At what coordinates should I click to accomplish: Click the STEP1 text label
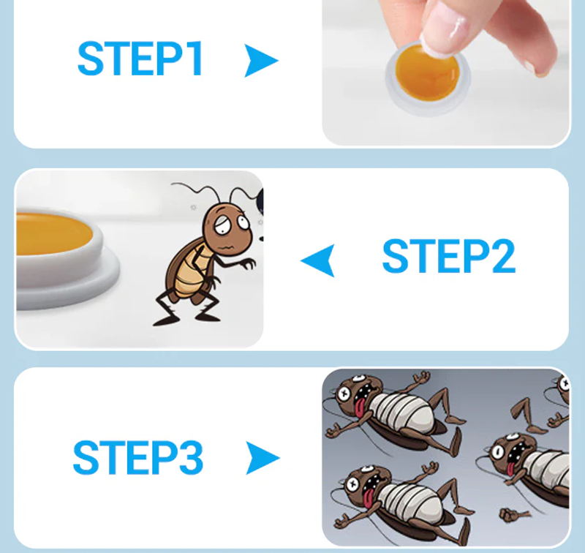point(140,59)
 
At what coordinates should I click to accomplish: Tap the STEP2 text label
point(449,256)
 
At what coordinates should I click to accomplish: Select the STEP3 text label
point(138,457)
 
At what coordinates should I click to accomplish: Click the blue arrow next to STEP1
point(260,61)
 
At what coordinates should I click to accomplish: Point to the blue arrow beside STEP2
point(319,260)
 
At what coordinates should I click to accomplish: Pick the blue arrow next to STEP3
point(263,458)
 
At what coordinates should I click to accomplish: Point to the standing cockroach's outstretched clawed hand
point(247,263)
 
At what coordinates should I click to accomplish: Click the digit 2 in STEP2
point(504,256)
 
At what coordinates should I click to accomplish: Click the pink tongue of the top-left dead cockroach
point(360,408)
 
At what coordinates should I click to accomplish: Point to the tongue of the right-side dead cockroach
point(510,468)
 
